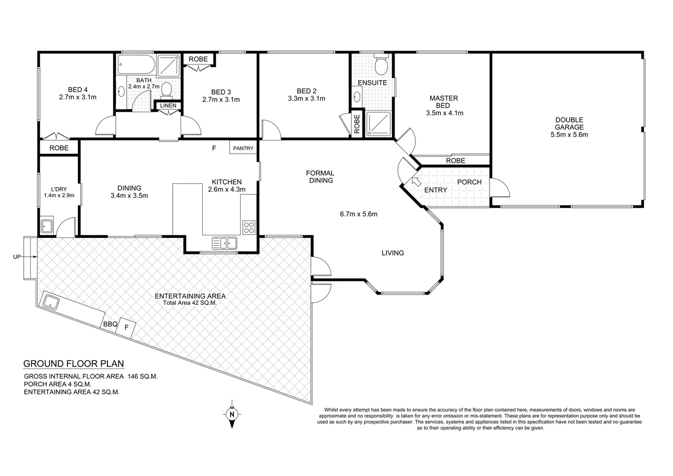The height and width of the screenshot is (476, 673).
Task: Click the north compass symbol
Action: click(x=231, y=414)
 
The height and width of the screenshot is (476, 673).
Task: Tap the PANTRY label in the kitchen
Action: click(x=243, y=149)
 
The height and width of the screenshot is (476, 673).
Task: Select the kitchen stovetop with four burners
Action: click(x=248, y=227)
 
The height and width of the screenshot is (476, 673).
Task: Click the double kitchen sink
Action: click(x=224, y=242)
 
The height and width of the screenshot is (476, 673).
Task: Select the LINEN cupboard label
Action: click(x=168, y=106)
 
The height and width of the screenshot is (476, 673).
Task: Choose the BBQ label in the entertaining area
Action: click(x=110, y=324)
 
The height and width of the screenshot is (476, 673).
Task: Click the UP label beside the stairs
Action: click(x=17, y=257)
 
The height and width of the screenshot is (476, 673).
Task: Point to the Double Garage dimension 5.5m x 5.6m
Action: click(x=569, y=135)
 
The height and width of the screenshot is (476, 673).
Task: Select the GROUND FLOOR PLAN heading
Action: click(x=74, y=364)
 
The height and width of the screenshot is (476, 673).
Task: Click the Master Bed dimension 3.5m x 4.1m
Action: click(x=444, y=113)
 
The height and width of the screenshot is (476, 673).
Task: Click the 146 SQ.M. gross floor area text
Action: click(x=142, y=376)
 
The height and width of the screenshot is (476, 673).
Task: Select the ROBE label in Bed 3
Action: click(x=198, y=59)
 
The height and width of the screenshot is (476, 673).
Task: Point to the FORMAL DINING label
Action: click(x=321, y=177)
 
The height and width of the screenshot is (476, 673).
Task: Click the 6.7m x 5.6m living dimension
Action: click(x=359, y=215)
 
